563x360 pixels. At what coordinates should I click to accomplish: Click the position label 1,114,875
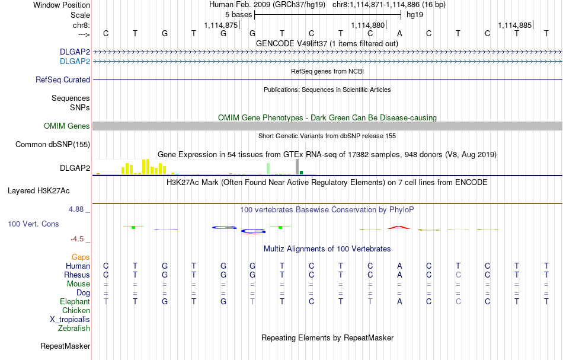220,25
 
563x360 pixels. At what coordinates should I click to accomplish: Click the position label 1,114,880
368,25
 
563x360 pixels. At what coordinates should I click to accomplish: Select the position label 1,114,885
515,25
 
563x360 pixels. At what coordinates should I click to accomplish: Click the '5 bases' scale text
238,14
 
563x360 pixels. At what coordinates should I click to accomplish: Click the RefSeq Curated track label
63,79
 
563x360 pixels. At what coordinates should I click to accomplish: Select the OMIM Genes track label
67,126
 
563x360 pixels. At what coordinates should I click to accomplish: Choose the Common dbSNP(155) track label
53,144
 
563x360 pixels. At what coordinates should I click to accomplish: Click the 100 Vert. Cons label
33,224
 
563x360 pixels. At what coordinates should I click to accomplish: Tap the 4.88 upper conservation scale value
78,209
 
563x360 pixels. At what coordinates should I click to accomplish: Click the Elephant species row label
75,302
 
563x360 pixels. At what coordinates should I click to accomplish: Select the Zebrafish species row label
74,328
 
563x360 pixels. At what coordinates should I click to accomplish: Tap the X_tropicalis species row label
70,319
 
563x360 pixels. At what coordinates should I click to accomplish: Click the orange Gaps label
81,257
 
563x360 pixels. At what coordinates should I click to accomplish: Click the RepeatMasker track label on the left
65,346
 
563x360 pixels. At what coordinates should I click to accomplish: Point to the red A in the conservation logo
399,227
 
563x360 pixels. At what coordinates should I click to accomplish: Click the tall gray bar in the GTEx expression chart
298,167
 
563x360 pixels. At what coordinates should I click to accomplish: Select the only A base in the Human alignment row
400,266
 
